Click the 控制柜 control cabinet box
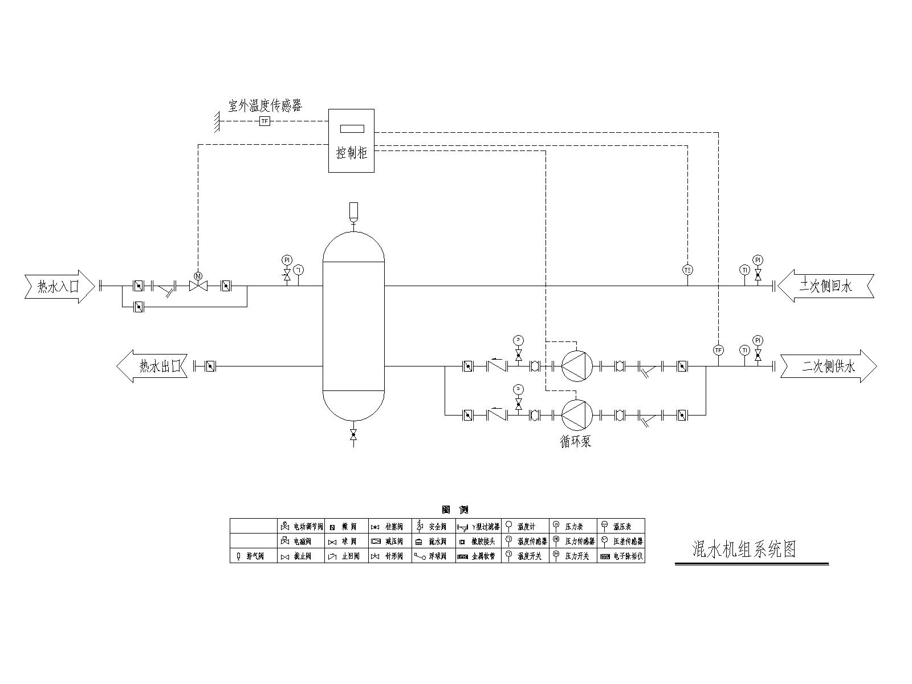coord(351,140)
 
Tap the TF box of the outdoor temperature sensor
coord(264,121)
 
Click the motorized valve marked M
coord(198,285)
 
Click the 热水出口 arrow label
coord(153,366)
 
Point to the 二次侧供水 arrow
coord(828,366)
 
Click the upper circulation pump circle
coord(577,365)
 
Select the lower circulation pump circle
coord(577,414)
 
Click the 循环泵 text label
coord(576,441)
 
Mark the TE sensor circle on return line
coord(687,270)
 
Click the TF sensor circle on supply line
coord(718,350)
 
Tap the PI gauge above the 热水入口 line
coord(287,260)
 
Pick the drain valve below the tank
coord(353,436)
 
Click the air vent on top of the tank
coord(353,211)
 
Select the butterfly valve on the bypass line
coord(138,307)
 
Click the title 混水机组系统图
coord(743,549)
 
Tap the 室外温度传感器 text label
coord(265,105)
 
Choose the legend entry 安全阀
coord(433,526)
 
